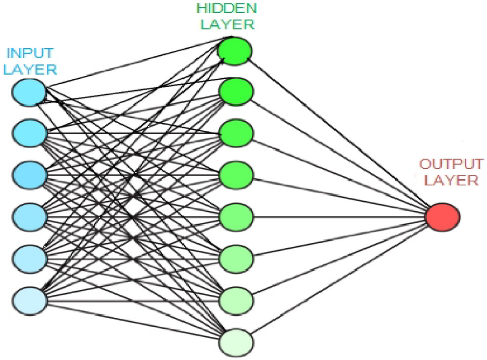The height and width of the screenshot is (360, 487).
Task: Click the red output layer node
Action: pos(442,217)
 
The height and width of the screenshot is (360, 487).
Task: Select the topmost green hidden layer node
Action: pos(235,51)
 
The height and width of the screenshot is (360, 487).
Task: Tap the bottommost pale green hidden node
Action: pos(236,342)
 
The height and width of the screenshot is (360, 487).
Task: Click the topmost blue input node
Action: pos(29,92)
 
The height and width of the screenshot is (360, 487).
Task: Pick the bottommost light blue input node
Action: pos(30,301)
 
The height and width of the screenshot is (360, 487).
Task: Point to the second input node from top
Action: pos(30,133)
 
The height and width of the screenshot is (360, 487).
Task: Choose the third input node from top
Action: pos(30,175)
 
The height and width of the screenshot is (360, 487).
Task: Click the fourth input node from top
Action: pos(30,217)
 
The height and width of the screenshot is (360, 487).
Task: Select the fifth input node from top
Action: pos(30,259)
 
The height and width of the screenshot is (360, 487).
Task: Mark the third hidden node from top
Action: pos(236,133)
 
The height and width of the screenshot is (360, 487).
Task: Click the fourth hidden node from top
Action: pos(236,175)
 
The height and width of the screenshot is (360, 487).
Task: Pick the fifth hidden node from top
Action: pos(236,217)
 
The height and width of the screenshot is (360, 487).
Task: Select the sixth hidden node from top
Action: pos(236,259)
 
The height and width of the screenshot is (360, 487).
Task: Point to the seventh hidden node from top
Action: pos(236,301)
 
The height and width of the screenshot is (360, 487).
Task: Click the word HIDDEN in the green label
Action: pos(227,8)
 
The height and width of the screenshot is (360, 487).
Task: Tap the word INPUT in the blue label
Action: pos(30,53)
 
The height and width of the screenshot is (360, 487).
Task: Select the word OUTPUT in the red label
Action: pos(452,163)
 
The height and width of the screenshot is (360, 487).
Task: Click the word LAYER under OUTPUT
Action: pos(452,180)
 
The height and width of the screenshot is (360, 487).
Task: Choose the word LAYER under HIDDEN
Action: pos(227,24)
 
